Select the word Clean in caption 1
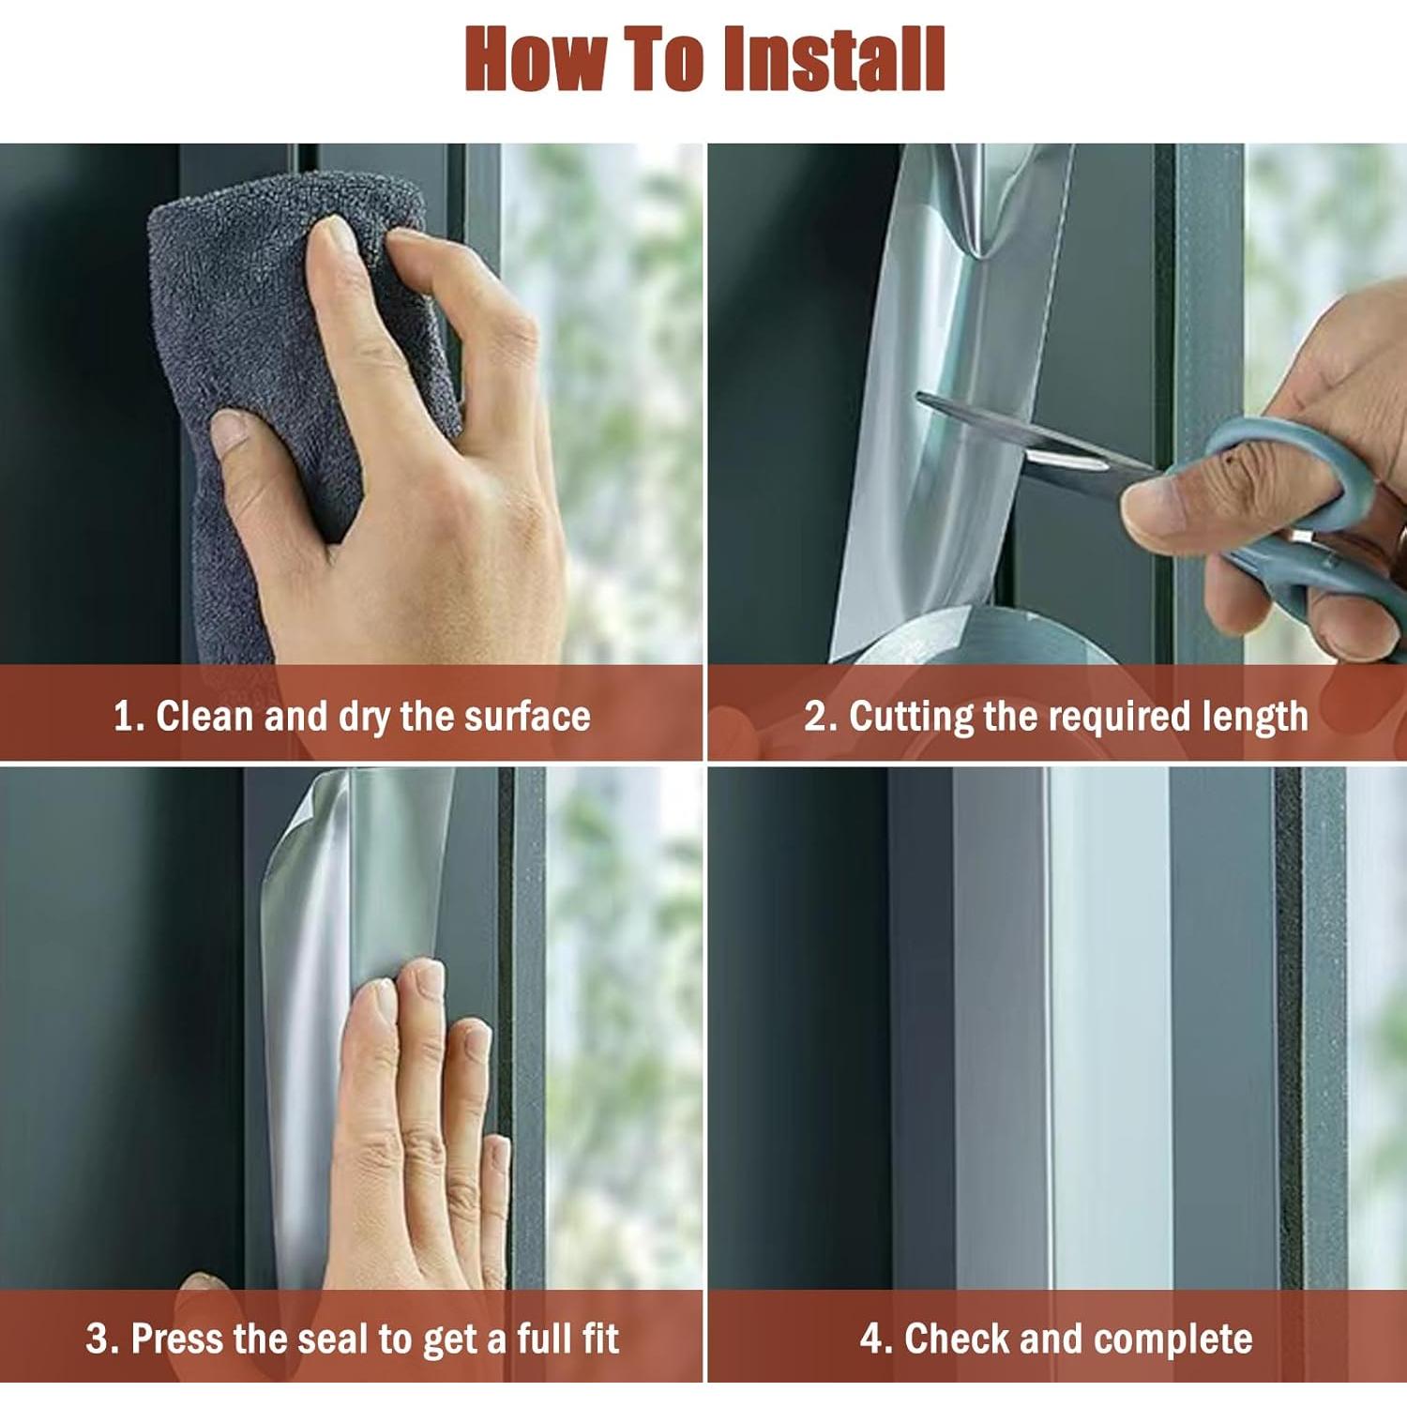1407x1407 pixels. click(204, 716)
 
